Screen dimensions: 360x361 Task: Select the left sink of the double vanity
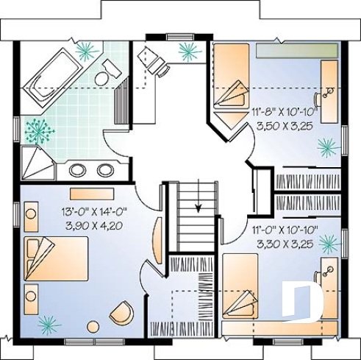coord(77,170)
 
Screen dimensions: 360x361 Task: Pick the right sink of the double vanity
coord(105,170)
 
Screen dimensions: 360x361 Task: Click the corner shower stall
coord(34,161)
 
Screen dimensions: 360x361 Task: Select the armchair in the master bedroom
coord(122,313)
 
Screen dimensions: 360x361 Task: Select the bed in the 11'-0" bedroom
coord(246,291)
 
